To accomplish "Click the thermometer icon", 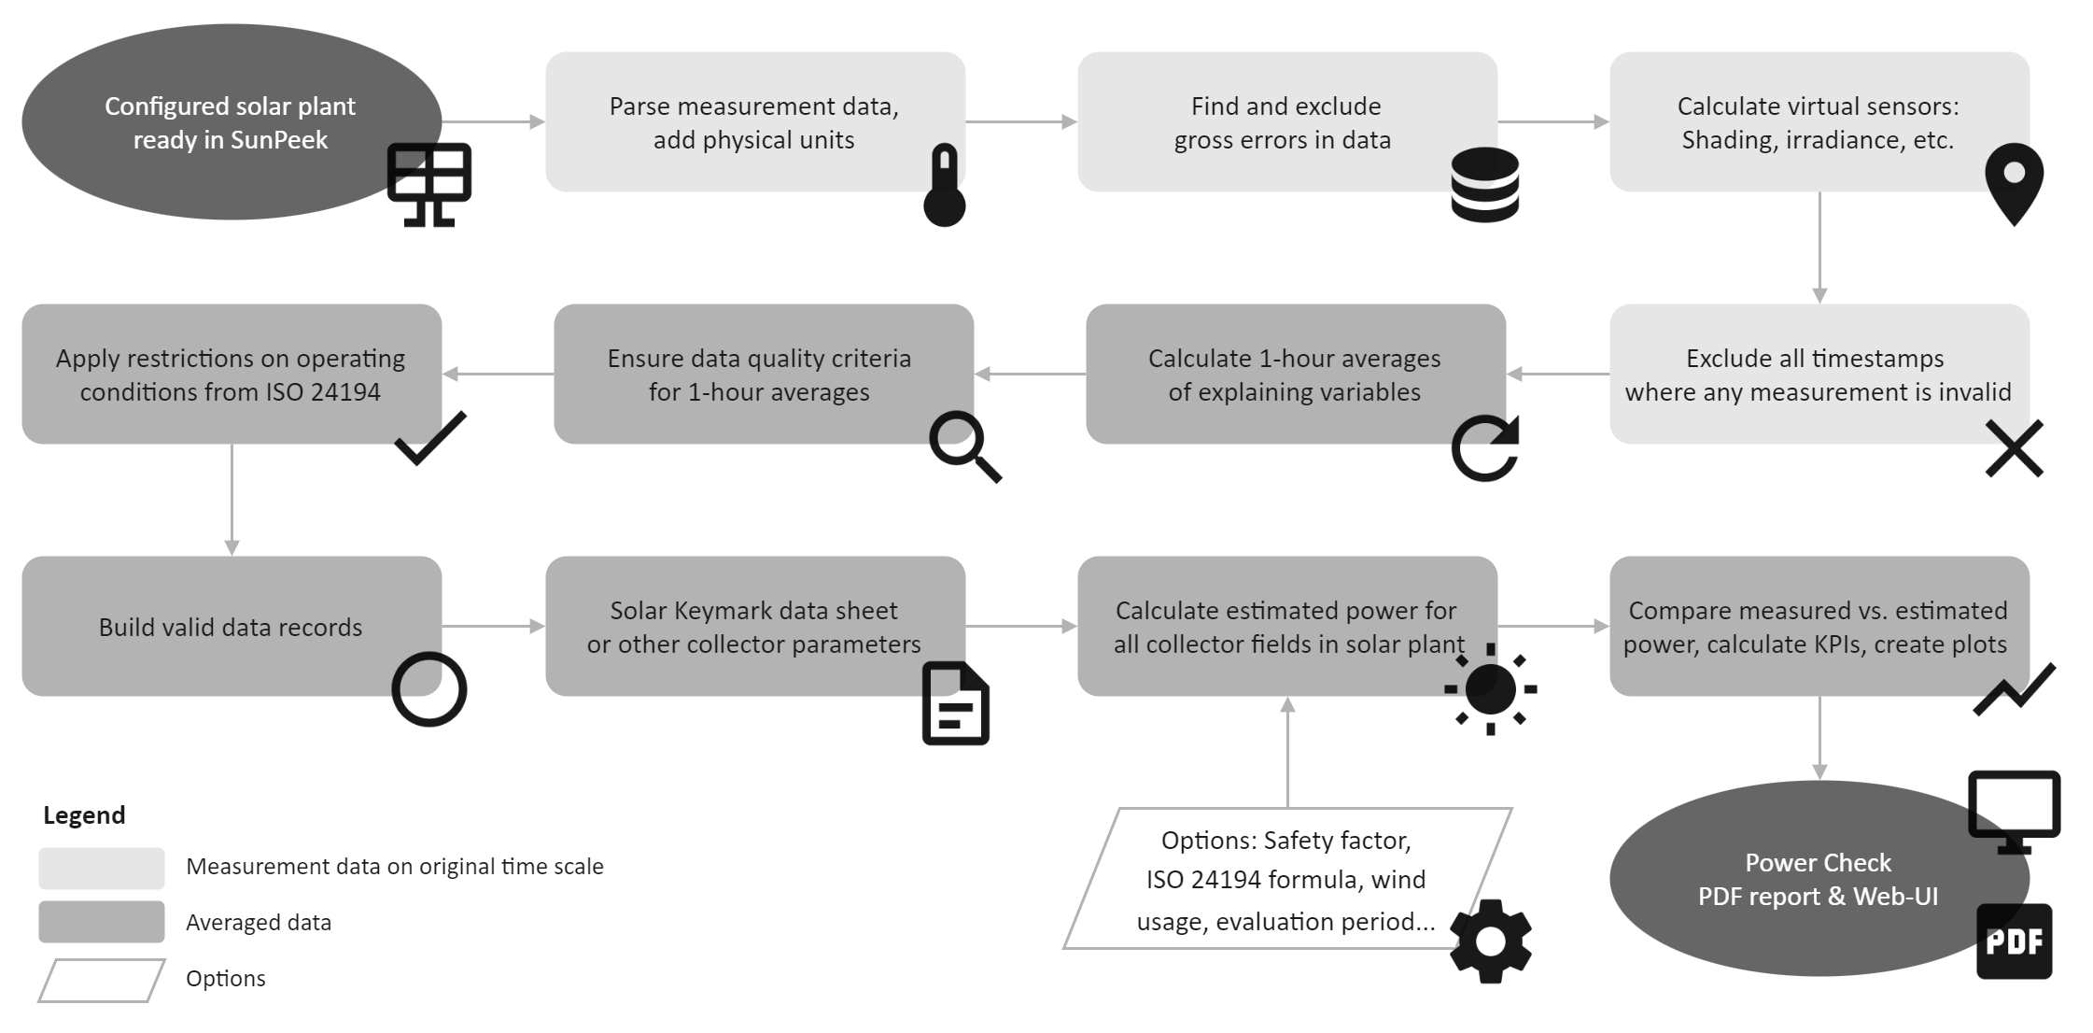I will (x=944, y=186).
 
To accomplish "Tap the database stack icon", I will (x=1484, y=185).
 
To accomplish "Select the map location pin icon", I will (x=2014, y=183).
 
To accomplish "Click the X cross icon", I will (x=2014, y=448).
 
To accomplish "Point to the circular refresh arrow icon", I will (x=1484, y=448).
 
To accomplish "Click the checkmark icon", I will (x=429, y=438).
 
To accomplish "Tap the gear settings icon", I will (x=1490, y=941).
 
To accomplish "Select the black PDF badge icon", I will (x=2014, y=941).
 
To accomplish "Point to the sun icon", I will (x=1490, y=689).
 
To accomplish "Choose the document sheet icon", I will (x=955, y=703).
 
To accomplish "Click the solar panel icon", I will (x=429, y=184).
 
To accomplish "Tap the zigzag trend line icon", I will (x=2014, y=690).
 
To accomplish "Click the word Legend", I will (x=84, y=815).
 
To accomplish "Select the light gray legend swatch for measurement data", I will (x=102, y=868).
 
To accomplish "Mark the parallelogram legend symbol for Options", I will (x=102, y=980).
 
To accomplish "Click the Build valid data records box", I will (x=231, y=626).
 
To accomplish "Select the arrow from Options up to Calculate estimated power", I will (x=1287, y=752).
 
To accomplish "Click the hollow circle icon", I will (x=429, y=689).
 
